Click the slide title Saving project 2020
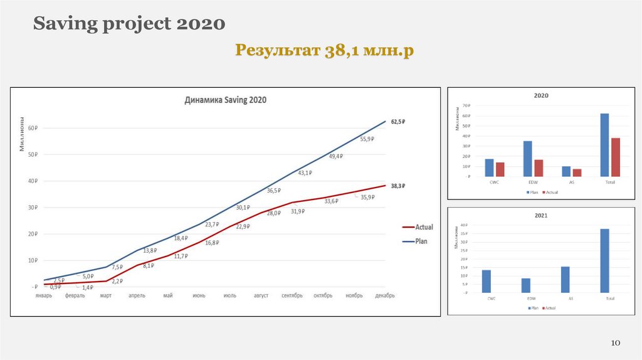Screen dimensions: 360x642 tap(129, 24)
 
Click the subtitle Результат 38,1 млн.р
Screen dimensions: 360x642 tap(325, 51)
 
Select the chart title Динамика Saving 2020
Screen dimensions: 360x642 tap(225, 100)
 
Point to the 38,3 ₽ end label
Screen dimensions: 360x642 tap(399, 186)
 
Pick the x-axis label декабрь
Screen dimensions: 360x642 tap(384, 295)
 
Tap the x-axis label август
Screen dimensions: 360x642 tap(261, 295)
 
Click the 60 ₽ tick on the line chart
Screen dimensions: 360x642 tap(32, 128)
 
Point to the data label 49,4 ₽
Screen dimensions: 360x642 tap(336, 156)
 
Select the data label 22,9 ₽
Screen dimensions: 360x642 tap(243, 226)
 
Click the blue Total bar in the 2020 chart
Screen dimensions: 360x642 tap(604, 145)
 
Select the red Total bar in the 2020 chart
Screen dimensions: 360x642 tap(616, 157)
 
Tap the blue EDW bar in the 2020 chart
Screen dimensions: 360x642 tap(527, 159)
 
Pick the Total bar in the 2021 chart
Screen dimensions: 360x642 tap(604, 260)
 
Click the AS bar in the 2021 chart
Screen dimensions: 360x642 tap(566, 280)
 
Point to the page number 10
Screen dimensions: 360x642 tap(615, 342)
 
